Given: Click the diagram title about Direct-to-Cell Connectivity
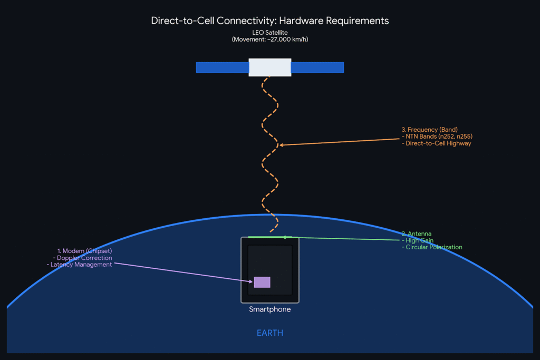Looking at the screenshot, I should click(269, 21).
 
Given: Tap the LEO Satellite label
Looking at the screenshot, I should click(269, 33).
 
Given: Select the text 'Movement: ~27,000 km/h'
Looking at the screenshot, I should click(270, 40).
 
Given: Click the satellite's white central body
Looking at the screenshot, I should click(269, 67).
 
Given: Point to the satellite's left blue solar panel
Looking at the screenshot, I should click(222, 67).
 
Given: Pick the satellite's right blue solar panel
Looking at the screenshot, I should click(317, 67).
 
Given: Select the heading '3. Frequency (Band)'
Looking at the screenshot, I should click(429, 130).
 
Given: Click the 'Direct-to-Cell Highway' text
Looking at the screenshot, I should click(438, 143).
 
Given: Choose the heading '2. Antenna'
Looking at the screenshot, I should click(417, 233).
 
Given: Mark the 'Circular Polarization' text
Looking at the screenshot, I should click(434, 247).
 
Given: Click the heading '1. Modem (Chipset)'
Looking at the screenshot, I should click(84, 251).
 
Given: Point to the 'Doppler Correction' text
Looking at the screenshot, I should click(84, 258).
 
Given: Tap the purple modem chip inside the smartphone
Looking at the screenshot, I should click(262, 282).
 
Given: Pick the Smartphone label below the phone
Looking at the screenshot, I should click(269, 309).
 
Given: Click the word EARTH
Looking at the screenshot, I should click(269, 333).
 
